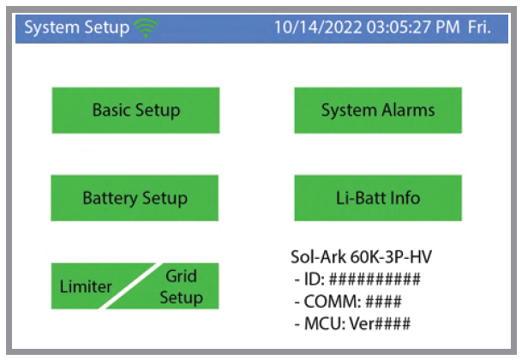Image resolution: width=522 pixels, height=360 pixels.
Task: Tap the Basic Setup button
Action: tap(135, 110)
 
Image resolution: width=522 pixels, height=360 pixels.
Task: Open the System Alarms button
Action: tap(377, 110)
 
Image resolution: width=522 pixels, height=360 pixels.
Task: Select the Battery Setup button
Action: tap(135, 198)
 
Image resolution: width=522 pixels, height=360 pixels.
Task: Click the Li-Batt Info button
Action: tap(377, 198)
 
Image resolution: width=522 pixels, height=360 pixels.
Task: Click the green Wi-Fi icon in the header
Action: tap(147, 27)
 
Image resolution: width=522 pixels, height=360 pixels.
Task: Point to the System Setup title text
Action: tap(76, 27)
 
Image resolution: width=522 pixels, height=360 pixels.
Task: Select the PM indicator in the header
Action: tap(440, 27)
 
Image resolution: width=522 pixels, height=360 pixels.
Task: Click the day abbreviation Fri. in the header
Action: tap(478, 27)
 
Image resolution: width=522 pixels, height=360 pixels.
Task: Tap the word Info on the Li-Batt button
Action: tap(405, 198)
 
